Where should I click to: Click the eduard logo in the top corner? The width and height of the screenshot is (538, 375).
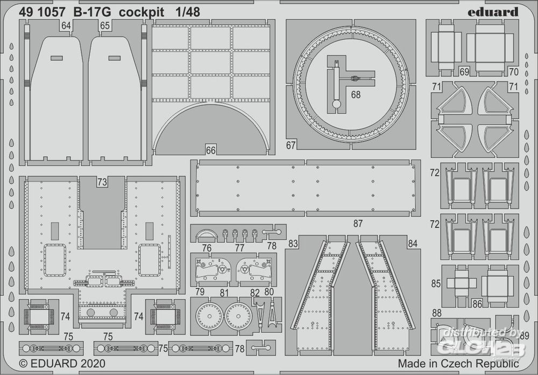tap(497, 11)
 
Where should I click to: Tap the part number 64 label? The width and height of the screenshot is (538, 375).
tap(66, 25)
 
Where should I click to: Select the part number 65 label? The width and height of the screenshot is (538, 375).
tap(105, 25)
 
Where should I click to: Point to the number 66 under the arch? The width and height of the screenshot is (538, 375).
tap(210, 150)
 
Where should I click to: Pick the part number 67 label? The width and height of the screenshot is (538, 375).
tap(291, 145)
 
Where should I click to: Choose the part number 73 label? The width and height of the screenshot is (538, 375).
tap(102, 182)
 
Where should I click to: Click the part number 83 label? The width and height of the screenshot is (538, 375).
tap(293, 244)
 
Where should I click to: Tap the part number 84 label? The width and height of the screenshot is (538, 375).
tap(413, 244)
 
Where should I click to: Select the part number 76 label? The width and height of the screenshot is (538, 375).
tap(207, 248)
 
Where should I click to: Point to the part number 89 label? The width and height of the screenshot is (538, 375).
tap(525, 335)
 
